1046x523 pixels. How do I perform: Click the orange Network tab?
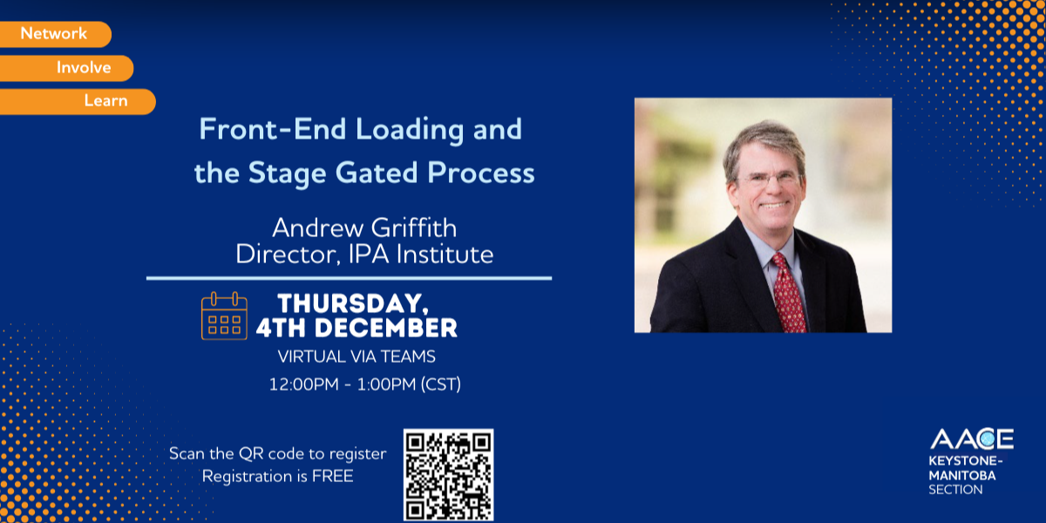pyautogui.click(x=55, y=34)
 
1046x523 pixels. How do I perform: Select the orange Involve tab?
pyautogui.click(x=66, y=68)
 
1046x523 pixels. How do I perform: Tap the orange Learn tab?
pyautogui.click(x=78, y=101)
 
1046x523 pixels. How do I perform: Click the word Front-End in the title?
pyautogui.click(x=273, y=129)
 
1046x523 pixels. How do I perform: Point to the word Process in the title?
pyautogui.click(x=481, y=173)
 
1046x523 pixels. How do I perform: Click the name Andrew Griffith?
pyautogui.click(x=364, y=228)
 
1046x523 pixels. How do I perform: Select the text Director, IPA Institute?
pyautogui.click(x=364, y=255)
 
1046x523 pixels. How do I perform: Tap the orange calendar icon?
pyautogui.click(x=224, y=316)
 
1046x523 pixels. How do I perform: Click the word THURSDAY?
pyautogui.click(x=353, y=304)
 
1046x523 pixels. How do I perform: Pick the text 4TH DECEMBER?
pyautogui.click(x=357, y=328)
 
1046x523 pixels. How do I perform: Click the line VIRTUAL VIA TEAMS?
pyautogui.click(x=357, y=357)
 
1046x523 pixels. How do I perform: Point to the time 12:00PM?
pyautogui.click(x=304, y=384)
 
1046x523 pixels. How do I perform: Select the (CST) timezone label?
pyautogui.click(x=441, y=384)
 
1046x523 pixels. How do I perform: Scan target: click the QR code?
pyautogui.click(x=448, y=475)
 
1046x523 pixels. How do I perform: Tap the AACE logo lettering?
pyautogui.click(x=972, y=439)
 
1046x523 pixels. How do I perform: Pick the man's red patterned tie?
pyautogui.click(x=789, y=293)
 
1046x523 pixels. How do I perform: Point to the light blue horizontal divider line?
pyautogui.click(x=349, y=278)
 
